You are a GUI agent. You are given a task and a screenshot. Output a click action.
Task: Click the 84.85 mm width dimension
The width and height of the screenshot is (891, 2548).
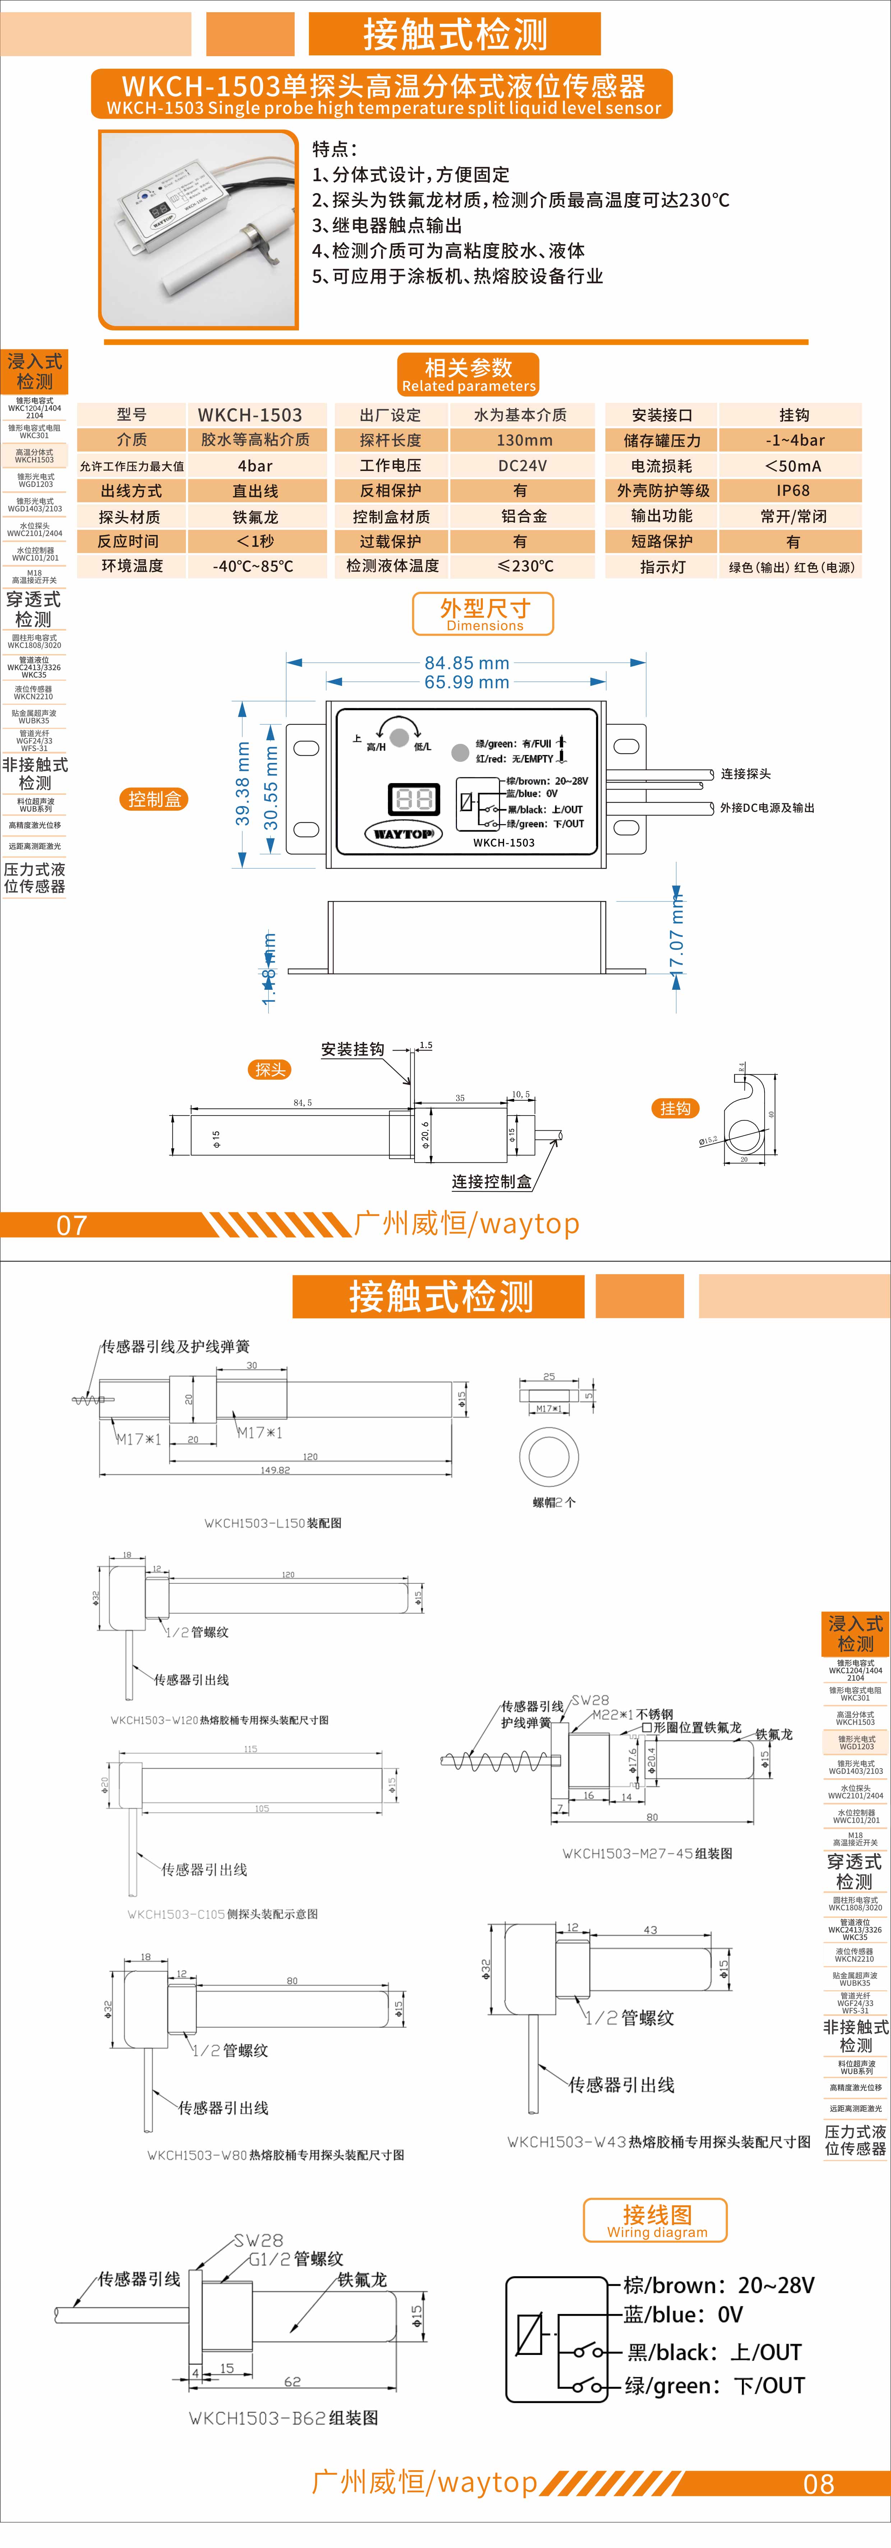467,663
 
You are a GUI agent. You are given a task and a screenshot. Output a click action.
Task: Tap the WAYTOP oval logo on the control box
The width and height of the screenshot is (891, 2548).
402,834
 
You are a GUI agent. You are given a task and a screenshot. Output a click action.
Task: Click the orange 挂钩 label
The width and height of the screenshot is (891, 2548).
675,1109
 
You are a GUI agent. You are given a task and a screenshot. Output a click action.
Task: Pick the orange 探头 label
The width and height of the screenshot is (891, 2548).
270,1069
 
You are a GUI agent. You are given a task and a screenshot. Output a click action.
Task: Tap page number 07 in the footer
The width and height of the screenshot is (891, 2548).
71,1226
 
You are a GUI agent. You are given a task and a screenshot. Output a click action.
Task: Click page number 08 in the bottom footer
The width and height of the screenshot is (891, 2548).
819,2484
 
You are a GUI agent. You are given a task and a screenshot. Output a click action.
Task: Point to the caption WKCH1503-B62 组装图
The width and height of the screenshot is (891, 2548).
284,2417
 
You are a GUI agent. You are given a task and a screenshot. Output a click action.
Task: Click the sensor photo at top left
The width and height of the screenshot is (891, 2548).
199,229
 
